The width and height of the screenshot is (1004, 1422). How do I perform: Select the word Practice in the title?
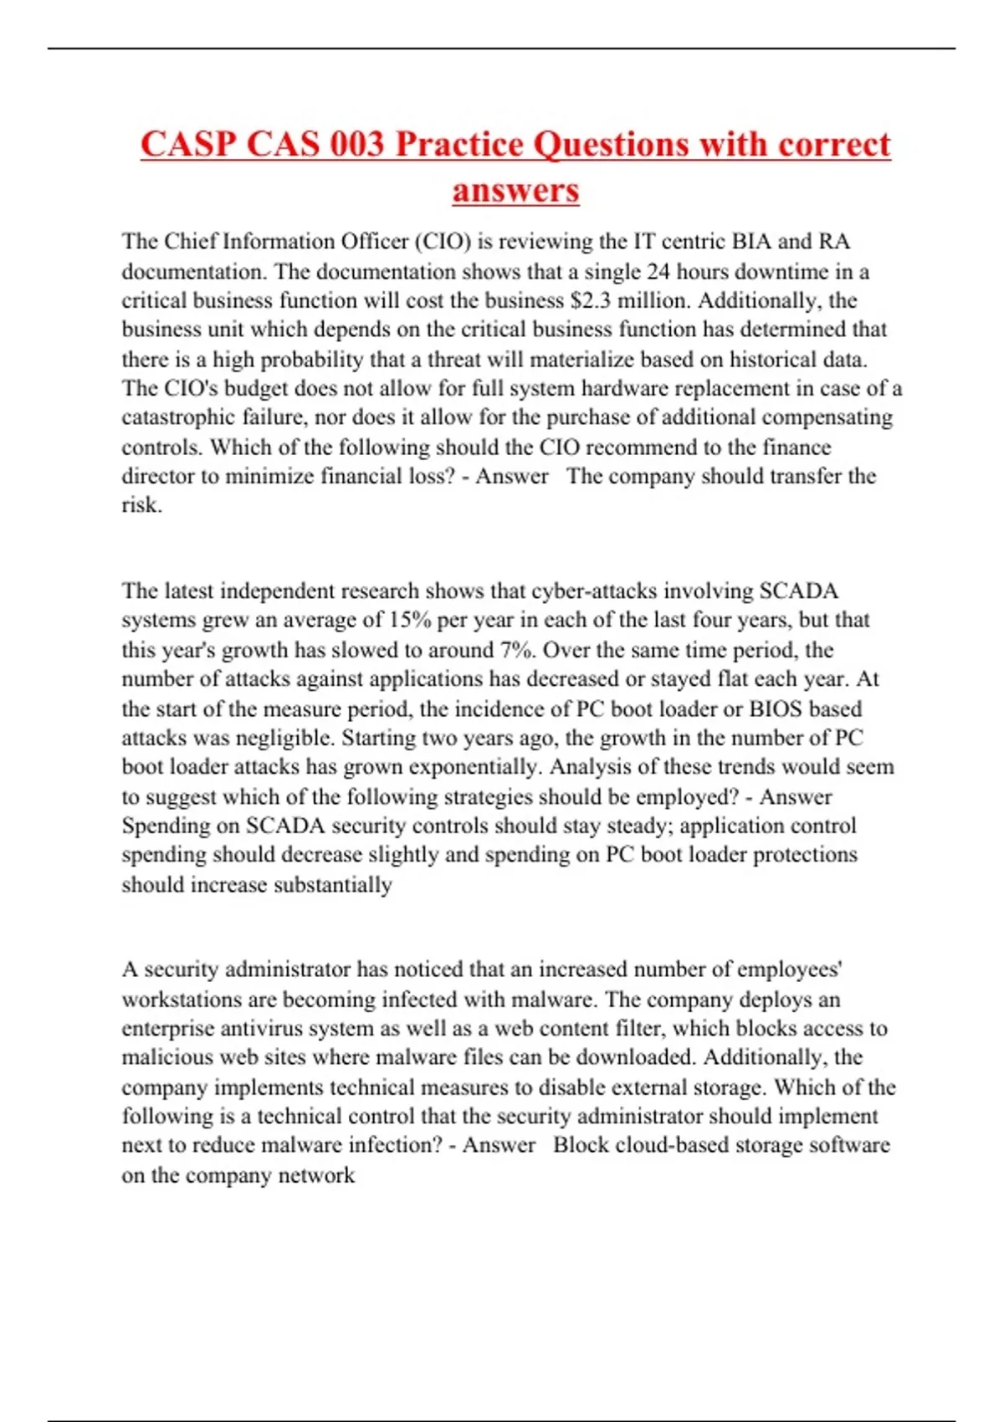coord(458,144)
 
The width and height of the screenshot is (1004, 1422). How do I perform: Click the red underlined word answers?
coord(515,190)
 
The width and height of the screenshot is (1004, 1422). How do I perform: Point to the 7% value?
coord(519,650)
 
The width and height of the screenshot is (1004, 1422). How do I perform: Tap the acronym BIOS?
coord(776,709)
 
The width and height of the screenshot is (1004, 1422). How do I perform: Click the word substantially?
coord(333,885)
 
